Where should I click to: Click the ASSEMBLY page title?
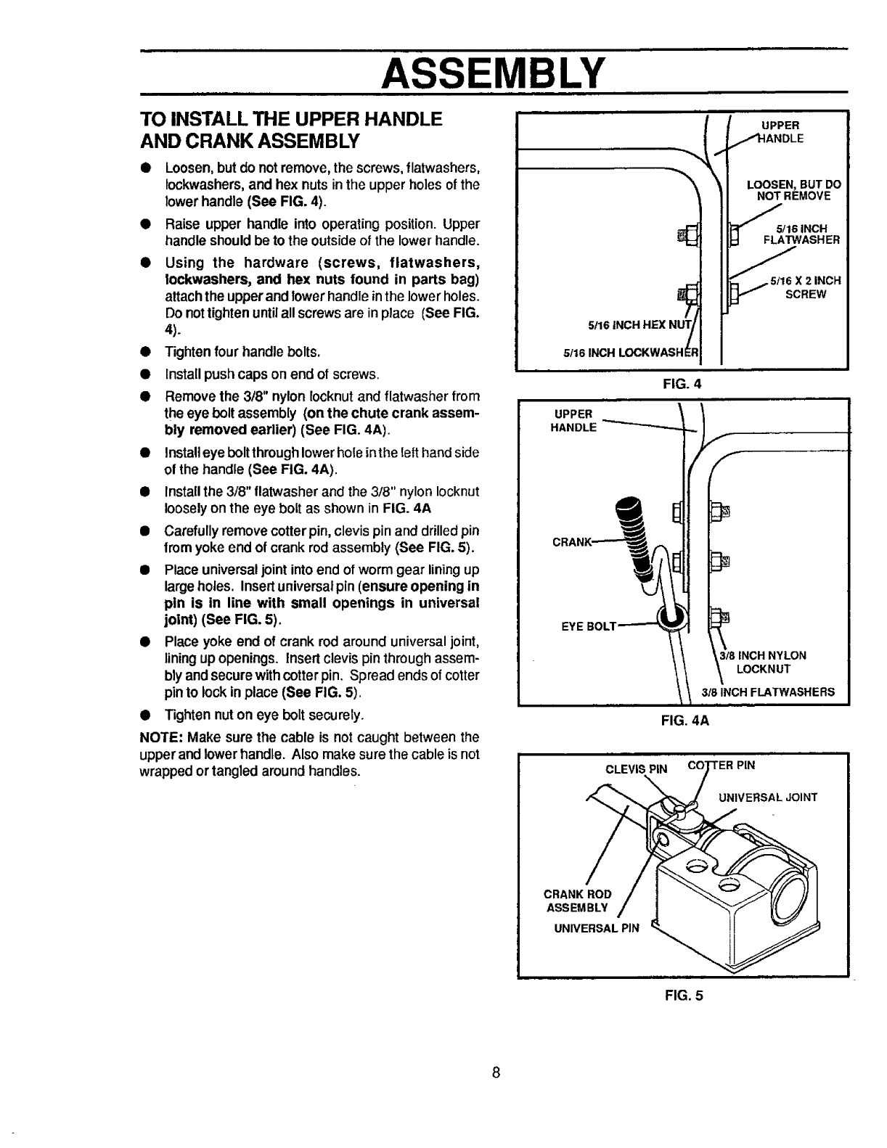click(494, 71)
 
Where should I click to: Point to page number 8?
click(494, 1073)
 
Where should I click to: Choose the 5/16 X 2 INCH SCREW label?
click(806, 288)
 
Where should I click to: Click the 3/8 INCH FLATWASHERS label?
click(767, 692)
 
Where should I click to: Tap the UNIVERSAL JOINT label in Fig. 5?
click(767, 798)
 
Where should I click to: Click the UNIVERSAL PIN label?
click(593, 928)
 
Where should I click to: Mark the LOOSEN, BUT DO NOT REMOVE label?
click(793, 189)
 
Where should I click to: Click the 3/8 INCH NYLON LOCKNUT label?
click(761, 662)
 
